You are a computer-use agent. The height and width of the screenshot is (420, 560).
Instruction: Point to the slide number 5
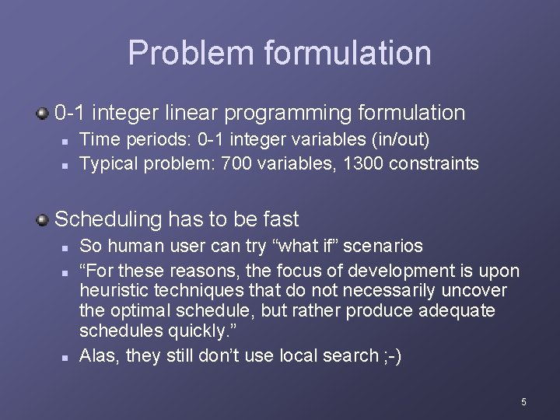click(523, 401)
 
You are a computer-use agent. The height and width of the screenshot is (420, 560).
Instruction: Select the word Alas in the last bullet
click(98, 356)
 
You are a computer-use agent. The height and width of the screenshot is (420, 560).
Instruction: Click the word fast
click(278, 219)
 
